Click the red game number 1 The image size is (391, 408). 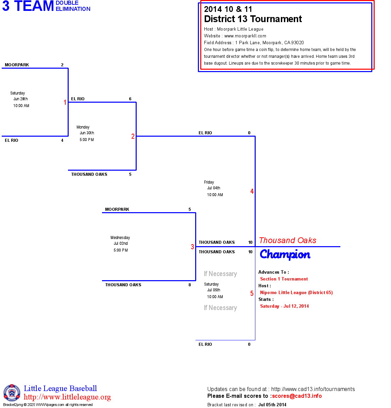coord(65,102)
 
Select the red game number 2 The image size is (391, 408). coord(133,136)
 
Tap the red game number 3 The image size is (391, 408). coord(192,247)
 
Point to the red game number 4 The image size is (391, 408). coord(252,191)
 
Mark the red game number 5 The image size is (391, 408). coord(252,293)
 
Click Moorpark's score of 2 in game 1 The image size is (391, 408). coord(62,65)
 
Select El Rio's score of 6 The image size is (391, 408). coord(130,99)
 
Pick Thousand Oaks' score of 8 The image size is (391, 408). coord(190,285)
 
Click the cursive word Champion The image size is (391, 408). coord(285,254)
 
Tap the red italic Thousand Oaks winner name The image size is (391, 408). coord(288,240)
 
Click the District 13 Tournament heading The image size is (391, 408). coord(253,19)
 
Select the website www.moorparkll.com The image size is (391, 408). coord(245,36)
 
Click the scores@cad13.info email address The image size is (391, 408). coord(297,396)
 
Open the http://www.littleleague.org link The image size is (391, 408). coord(67,397)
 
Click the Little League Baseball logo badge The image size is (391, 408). coord(12,393)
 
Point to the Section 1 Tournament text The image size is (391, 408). coord(284,279)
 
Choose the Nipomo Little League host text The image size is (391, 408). coord(296,293)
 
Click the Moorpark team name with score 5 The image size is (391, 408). coord(117,209)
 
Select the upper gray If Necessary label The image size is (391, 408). coord(220,274)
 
